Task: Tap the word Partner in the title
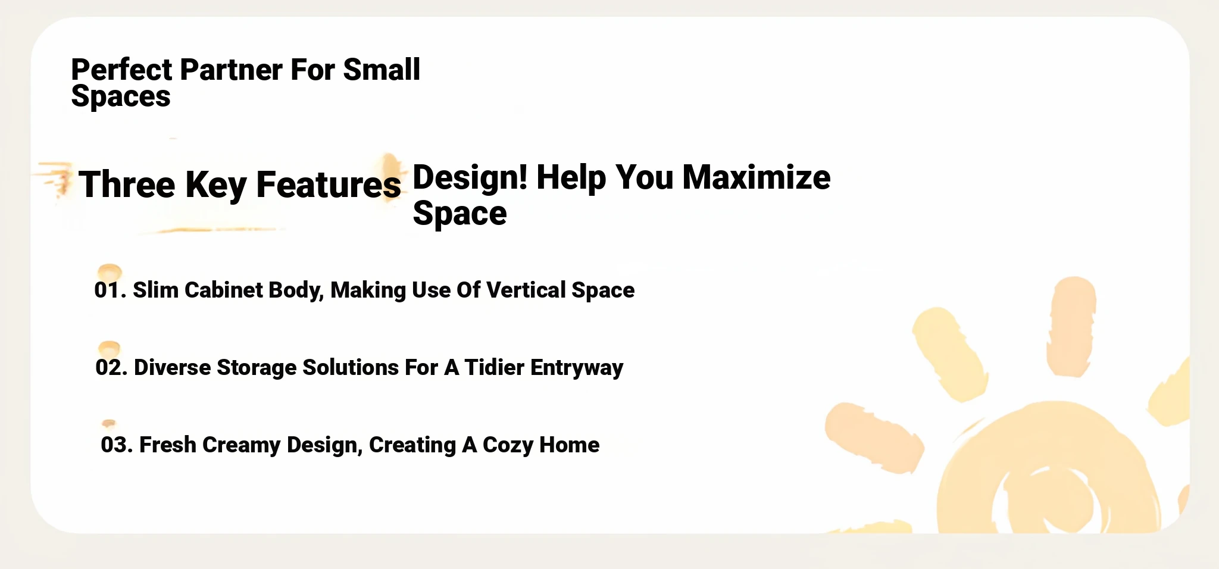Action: [231, 70]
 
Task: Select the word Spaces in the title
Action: [121, 96]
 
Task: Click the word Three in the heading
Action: [127, 185]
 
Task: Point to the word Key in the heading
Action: [215, 185]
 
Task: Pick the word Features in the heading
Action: [329, 185]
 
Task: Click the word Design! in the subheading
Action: [470, 177]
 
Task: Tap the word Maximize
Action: [756, 177]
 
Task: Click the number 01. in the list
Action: [110, 290]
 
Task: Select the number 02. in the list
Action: [111, 368]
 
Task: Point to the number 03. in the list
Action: [117, 445]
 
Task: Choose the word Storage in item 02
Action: [257, 368]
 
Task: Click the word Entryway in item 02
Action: [577, 368]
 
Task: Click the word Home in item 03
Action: [570, 445]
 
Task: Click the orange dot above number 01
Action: [110, 272]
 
